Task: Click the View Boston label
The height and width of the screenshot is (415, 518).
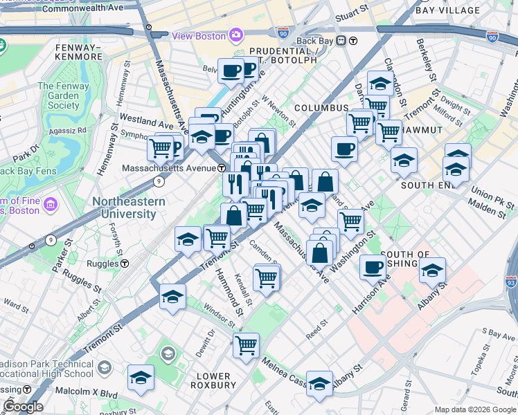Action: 199,36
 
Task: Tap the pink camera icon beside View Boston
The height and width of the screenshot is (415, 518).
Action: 236,35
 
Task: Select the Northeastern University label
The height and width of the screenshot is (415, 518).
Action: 129,207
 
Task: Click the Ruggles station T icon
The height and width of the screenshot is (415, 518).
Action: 125,263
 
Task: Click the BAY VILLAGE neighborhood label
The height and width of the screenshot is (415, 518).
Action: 448,10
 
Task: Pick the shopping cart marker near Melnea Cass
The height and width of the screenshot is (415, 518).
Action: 246,345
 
